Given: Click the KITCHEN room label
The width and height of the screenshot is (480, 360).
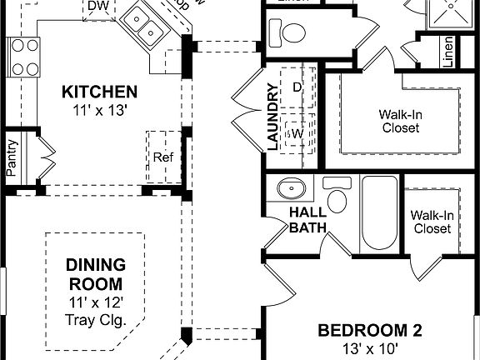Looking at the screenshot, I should click(99, 91).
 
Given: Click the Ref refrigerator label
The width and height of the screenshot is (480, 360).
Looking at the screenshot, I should click(162, 156).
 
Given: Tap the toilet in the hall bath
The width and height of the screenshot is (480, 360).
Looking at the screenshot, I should click(337, 197).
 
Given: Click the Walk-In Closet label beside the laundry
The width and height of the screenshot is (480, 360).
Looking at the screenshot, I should click(400, 121).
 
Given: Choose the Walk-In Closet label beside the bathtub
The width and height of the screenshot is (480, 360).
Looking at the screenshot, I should click(431, 222).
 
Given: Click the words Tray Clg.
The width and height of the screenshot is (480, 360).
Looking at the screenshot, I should click(96, 319).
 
